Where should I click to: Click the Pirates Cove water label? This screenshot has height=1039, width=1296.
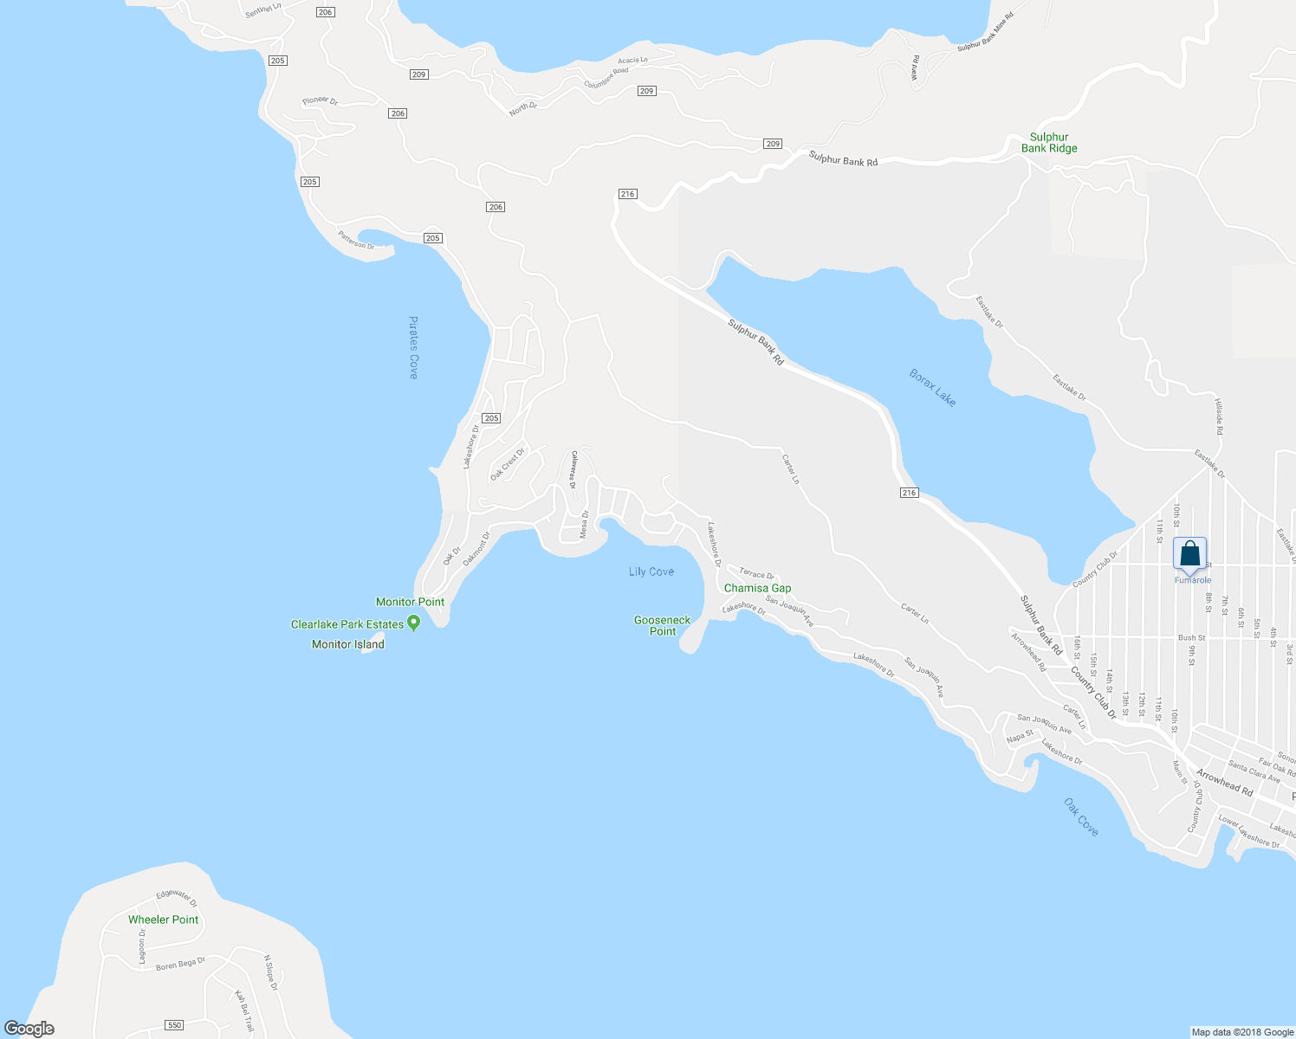tap(413, 347)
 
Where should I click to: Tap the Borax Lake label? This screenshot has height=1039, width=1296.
tap(933, 388)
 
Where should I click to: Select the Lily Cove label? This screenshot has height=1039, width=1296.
tap(651, 571)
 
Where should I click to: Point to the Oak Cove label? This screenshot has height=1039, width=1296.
tap(1081, 817)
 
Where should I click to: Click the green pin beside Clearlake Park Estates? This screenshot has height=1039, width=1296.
tap(414, 623)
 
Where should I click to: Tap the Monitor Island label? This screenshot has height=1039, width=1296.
tap(348, 644)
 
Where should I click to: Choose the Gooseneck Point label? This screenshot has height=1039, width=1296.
tap(663, 625)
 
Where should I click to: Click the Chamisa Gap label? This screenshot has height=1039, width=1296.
tap(757, 588)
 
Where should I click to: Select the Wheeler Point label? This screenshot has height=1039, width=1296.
tap(163, 920)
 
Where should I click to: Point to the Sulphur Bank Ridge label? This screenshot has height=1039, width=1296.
tap(1049, 143)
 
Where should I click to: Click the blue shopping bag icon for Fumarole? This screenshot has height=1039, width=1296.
tap(1190, 553)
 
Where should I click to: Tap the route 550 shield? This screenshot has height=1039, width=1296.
tap(174, 1025)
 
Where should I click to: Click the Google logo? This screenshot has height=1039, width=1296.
tap(29, 1029)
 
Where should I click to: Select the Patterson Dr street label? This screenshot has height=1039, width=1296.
tap(356, 240)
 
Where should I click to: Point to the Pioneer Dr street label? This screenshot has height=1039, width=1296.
tap(320, 101)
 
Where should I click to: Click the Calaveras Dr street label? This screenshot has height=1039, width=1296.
tap(573, 469)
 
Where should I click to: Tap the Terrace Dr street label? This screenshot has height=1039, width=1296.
tap(756, 574)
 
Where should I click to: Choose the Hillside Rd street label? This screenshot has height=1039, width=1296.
tap(1218, 417)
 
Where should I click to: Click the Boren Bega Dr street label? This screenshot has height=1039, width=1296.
tap(180, 964)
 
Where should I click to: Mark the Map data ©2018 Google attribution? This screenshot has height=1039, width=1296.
tap(1241, 1032)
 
